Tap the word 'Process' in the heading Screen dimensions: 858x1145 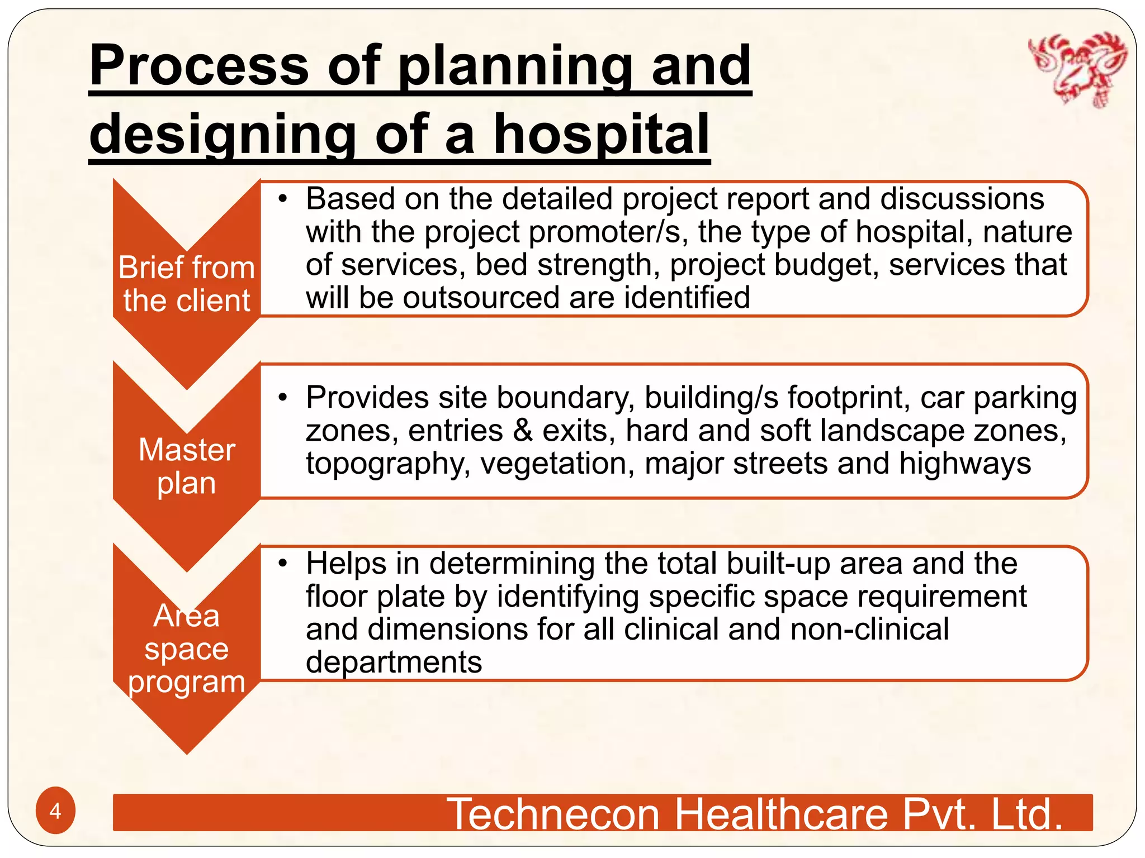point(198,66)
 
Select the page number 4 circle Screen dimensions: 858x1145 point(55,811)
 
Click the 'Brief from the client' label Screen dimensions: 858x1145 point(187,284)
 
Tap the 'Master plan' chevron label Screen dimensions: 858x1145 point(187,466)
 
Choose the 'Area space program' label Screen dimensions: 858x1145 point(187,649)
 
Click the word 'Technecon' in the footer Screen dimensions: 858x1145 point(553,814)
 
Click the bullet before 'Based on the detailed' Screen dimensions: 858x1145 point(283,199)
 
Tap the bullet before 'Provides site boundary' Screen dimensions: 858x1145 point(283,398)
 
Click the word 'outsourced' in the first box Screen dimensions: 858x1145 point(481,297)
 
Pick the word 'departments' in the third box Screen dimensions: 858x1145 point(394,662)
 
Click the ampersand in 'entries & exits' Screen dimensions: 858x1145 point(523,431)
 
